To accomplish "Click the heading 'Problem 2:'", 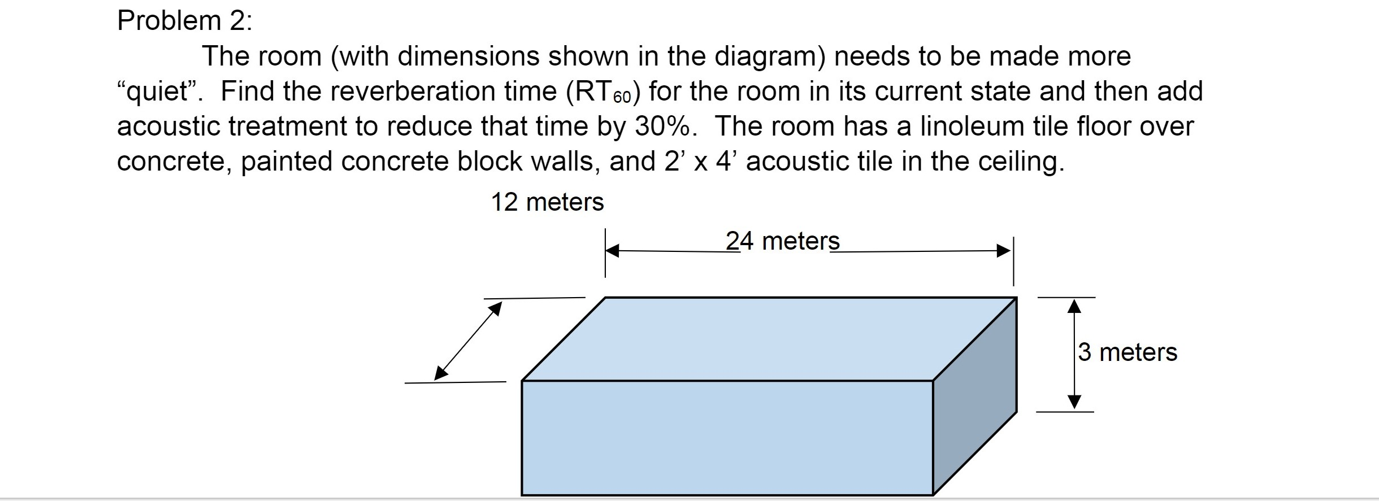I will pyautogui.click(x=184, y=21).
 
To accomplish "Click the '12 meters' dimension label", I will pyautogui.click(x=547, y=202).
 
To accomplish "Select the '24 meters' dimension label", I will pyautogui.click(x=782, y=242).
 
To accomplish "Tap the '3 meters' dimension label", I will pyautogui.click(x=1127, y=352).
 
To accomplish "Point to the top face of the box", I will pyautogui.click(x=769, y=339).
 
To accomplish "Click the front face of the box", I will pyautogui.click(x=726, y=438).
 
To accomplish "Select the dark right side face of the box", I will pyautogui.click(x=974, y=395).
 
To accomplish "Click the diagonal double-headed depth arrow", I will pyautogui.click(x=468, y=341).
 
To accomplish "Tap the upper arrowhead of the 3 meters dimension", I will pyautogui.click(x=1074, y=307).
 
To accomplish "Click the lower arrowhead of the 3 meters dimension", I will pyautogui.click(x=1074, y=401).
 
